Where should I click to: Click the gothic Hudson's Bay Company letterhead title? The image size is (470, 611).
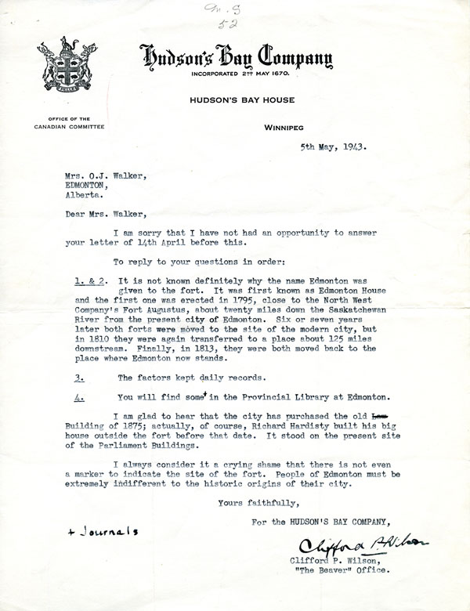[236, 57]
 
